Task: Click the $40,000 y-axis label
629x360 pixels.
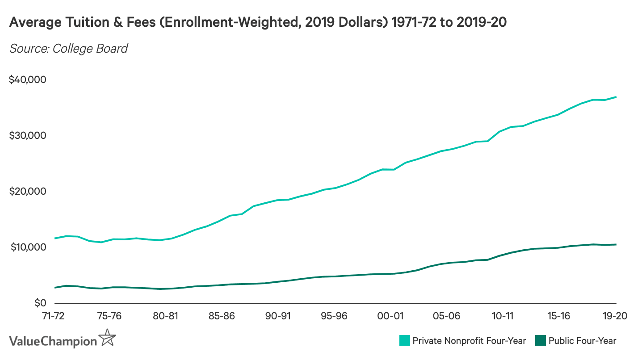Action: pyautogui.click(x=28, y=80)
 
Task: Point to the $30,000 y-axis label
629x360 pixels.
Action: pyautogui.click(x=28, y=136)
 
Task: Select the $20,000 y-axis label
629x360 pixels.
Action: pyautogui.click(x=28, y=192)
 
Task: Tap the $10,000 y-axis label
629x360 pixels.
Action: pyautogui.click(x=28, y=247)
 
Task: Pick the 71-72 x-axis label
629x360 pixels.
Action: pyautogui.click(x=52, y=315)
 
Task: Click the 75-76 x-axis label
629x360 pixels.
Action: pyautogui.click(x=109, y=315)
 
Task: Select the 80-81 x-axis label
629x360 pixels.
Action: pyautogui.click(x=166, y=315)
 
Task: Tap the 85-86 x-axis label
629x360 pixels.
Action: pyautogui.click(x=222, y=315)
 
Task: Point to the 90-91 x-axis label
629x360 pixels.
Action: pyautogui.click(x=278, y=315)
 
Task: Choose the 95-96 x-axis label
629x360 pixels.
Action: pyautogui.click(x=334, y=315)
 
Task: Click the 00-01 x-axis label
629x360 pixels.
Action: pyautogui.click(x=390, y=315)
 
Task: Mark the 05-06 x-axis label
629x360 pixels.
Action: pyautogui.click(x=447, y=315)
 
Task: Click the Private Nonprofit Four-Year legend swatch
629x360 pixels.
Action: pyautogui.click(x=404, y=341)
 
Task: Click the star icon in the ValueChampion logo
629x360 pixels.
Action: pyautogui.click(x=107, y=338)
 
